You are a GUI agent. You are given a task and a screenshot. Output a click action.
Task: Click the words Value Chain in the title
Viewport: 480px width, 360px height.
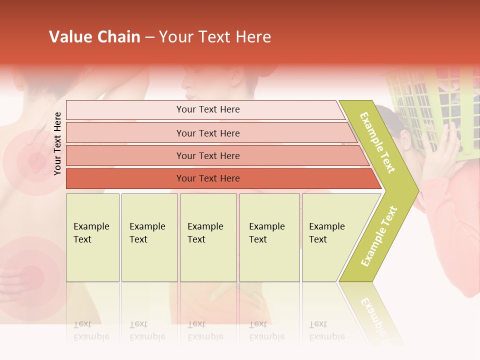94,37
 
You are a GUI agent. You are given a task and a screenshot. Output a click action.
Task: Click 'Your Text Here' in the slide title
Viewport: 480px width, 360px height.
215,37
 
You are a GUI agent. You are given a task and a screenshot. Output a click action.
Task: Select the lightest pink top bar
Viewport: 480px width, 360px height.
207,109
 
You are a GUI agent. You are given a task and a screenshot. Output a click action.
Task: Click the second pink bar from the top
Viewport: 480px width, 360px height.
207,133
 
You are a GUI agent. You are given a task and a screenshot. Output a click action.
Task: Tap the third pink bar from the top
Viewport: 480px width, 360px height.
207,155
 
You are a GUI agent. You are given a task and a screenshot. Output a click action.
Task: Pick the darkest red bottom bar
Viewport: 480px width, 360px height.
207,178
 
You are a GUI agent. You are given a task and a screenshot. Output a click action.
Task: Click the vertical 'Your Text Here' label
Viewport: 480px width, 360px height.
57,143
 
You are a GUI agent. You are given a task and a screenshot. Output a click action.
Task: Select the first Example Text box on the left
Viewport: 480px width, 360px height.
92,237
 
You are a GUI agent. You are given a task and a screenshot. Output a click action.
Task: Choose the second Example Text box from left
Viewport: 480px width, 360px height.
149,237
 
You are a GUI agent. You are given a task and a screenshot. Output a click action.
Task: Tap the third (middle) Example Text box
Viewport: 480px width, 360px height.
207,237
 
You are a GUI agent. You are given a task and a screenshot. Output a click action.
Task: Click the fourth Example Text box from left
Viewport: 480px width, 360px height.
269,237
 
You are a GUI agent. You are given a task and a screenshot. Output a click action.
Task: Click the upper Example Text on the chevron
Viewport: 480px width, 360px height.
378,142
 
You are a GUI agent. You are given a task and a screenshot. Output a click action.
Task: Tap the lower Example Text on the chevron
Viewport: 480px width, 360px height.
378,236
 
